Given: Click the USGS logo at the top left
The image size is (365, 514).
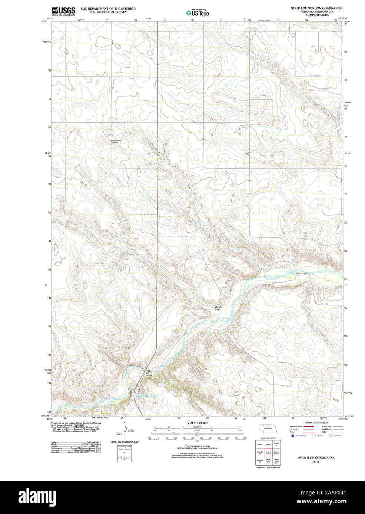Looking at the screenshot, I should [63, 11].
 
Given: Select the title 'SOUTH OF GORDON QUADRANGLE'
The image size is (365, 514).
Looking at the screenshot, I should [317, 8].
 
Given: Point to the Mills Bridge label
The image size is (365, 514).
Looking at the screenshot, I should [301, 273].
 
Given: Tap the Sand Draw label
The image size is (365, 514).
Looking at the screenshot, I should [218, 308].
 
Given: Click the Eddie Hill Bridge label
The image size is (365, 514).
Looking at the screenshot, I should [149, 373].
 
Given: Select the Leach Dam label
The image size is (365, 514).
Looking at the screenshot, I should [139, 391].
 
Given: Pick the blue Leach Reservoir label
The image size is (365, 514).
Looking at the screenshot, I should [147, 396].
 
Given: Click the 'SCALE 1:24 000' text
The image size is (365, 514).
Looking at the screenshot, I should [197, 423].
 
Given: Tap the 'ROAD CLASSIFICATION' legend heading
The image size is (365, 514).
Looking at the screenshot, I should [316, 423].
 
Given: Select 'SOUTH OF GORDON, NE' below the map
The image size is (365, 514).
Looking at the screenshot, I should [316, 458].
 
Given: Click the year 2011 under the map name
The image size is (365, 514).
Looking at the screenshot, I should [316, 462].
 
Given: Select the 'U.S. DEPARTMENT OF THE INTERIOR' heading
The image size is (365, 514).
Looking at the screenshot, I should [108, 9].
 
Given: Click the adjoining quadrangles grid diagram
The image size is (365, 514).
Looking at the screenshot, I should [268, 453].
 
